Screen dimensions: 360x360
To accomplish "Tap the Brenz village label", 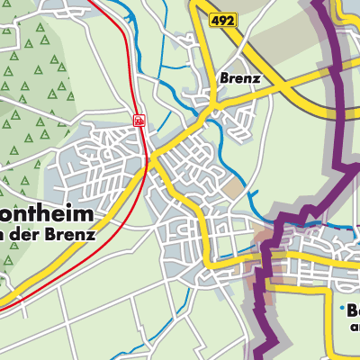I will click(x=239, y=78).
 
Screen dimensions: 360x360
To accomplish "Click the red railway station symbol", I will click(x=139, y=119).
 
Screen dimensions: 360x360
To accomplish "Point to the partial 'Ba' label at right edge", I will click(x=351, y=311).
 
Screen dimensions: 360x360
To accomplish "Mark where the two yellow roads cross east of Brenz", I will click(x=297, y=83).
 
